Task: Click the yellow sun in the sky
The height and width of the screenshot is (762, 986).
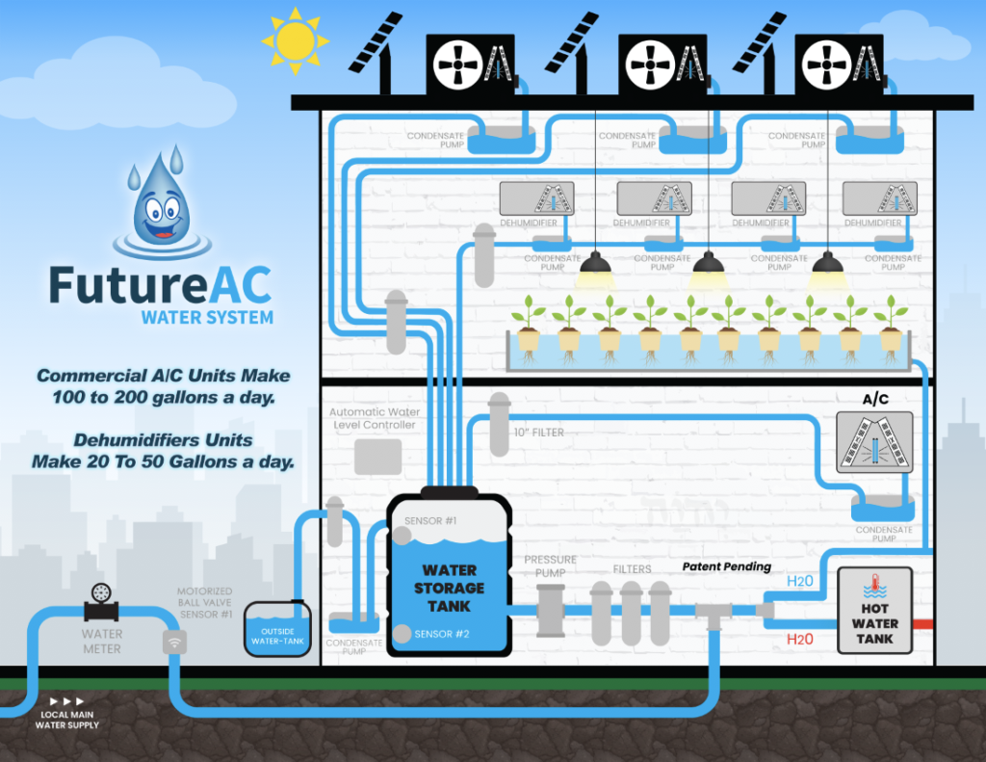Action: tap(295, 39)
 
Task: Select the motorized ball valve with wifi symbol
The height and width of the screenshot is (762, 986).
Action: tap(174, 643)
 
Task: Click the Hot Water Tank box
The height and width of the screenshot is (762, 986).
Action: tap(874, 611)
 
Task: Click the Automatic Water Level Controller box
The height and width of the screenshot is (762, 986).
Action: tap(377, 456)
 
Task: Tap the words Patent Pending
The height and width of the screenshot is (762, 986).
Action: tap(727, 566)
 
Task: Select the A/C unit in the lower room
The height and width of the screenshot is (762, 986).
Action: tap(872, 439)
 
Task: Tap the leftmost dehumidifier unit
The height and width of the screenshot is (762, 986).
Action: tap(536, 198)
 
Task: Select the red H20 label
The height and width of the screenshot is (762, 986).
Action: tap(799, 639)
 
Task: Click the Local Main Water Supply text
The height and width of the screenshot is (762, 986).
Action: tap(66, 719)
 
